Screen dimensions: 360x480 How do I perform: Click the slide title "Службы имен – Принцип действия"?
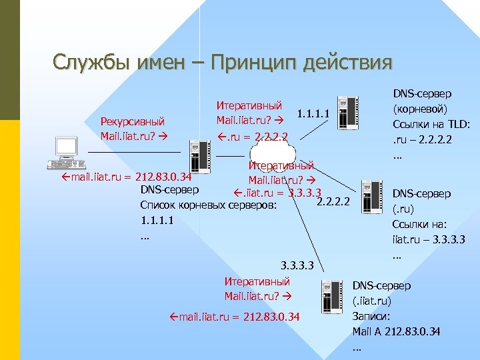click(x=223, y=63)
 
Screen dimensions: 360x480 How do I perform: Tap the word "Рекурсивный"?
click(x=132, y=121)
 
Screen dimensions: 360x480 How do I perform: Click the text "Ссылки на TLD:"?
click(x=432, y=125)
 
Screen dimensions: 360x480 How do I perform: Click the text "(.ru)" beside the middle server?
click(x=405, y=209)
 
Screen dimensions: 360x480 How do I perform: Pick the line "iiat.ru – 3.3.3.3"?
click(x=429, y=239)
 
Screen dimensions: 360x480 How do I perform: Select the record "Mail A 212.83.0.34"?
click(x=396, y=331)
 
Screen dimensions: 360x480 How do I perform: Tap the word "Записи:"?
click(x=371, y=316)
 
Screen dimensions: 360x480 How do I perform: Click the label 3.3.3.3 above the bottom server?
click(x=299, y=265)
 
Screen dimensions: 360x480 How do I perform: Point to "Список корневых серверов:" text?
click(x=209, y=205)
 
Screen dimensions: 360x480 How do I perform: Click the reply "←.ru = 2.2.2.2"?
click(x=253, y=138)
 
